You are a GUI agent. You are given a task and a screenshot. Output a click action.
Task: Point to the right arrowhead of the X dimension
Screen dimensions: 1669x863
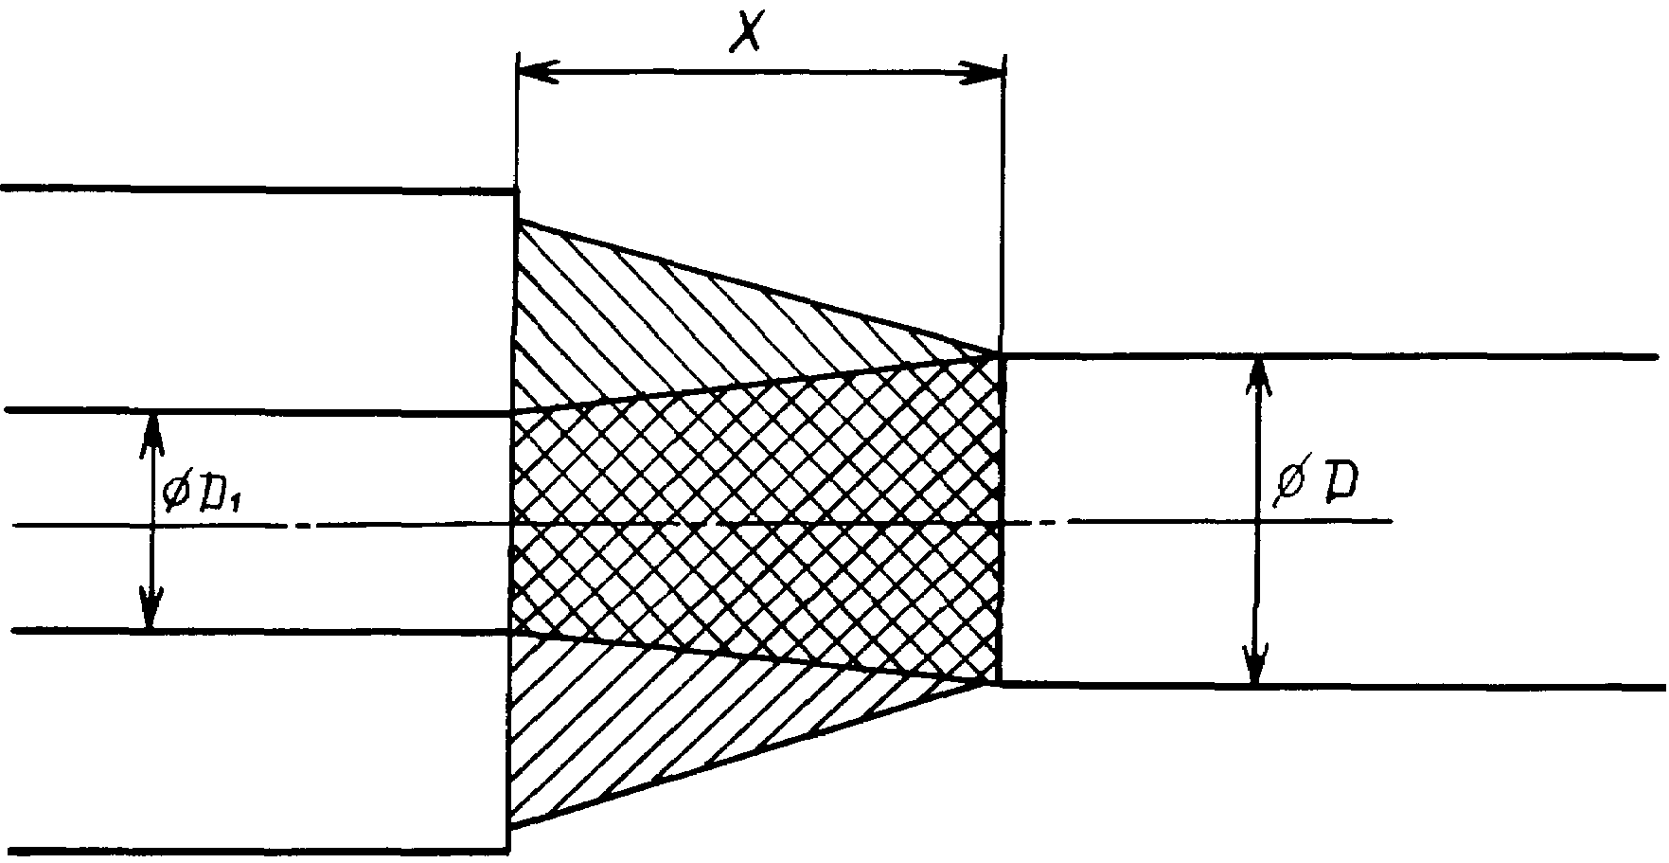pyautogui.click(x=982, y=73)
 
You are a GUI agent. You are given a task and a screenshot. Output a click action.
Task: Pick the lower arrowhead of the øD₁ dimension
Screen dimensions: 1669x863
pyautogui.click(x=151, y=609)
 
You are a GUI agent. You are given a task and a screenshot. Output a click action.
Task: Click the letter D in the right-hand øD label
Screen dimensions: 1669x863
pyautogui.click(x=1339, y=484)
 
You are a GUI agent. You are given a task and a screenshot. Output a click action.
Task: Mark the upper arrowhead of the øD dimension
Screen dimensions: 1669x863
pyautogui.click(x=1257, y=378)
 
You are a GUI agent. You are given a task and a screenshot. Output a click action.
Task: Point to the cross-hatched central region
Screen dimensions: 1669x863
pyautogui.click(x=757, y=521)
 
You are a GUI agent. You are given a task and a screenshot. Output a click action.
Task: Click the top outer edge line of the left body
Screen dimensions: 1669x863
pyautogui.click(x=257, y=189)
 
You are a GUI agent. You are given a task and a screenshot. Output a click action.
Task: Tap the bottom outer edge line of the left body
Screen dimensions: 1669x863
pyautogui.click(x=256, y=851)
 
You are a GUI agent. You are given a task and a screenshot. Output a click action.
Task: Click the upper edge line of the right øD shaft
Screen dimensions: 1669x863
pyautogui.click(x=1330, y=356)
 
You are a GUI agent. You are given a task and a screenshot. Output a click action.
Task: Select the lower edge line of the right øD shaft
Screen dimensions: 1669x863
pyautogui.click(x=1332, y=685)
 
